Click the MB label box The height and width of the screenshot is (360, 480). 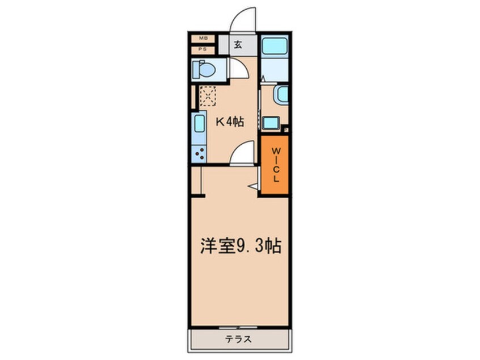pyautogui.click(x=203, y=39)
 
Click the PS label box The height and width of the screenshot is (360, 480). pyautogui.click(x=203, y=49)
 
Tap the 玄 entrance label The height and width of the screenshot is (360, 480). pyautogui.click(x=238, y=45)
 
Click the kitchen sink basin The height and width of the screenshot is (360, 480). pyautogui.click(x=199, y=124)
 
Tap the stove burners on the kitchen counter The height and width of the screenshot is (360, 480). pyautogui.click(x=199, y=152)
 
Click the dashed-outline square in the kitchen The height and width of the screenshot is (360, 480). pyautogui.click(x=208, y=96)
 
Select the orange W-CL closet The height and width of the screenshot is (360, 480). pyautogui.click(x=275, y=165)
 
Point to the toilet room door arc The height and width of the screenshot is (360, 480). pyautogui.click(x=238, y=69)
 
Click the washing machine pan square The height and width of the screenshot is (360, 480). pyautogui.click(x=270, y=122)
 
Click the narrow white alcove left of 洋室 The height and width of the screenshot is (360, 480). pyautogui.click(x=196, y=180)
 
